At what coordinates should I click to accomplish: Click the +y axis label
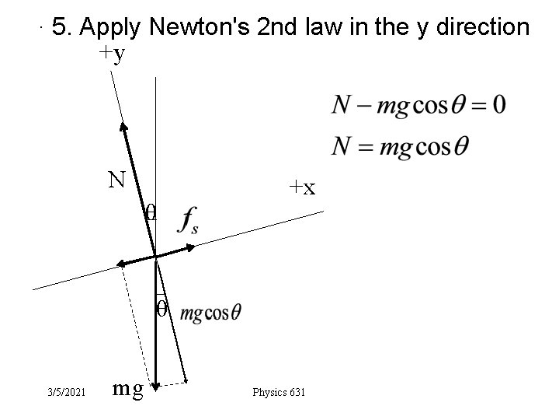coord(112,55)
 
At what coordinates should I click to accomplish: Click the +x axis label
coord(302,187)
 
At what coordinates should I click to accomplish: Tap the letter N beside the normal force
coord(117,180)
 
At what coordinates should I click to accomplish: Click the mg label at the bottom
coord(128,387)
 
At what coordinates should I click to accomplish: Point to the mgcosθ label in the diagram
coord(210,313)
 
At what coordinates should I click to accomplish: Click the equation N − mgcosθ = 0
coord(419,105)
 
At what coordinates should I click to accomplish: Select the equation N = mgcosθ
coord(400,146)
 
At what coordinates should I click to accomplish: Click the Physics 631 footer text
coord(279,391)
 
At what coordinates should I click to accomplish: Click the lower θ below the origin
coord(161,309)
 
